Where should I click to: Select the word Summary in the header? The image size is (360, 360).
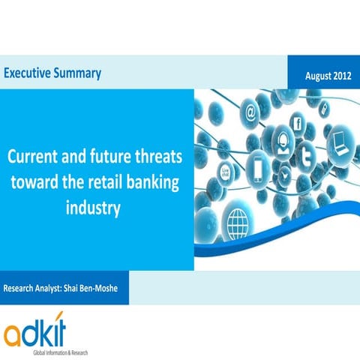[x=77, y=73]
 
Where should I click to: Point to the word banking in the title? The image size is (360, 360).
[x=154, y=183]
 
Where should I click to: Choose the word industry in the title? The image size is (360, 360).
[x=94, y=206]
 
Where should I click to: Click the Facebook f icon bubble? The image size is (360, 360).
[x=296, y=124]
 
